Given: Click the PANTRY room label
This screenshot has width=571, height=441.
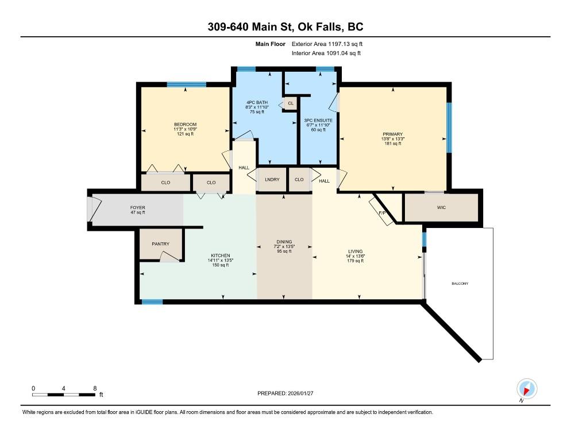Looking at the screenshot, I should click(x=161, y=244).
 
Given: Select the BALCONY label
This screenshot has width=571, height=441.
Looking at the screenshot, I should click(x=460, y=284).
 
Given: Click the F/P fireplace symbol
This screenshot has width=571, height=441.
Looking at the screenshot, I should click(x=381, y=212).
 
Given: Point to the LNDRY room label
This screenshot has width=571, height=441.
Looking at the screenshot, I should click(x=272, y=180).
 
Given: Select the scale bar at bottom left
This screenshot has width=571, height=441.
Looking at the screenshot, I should click(x=64, y=394).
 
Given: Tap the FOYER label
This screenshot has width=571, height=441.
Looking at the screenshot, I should click(x=138, y=207).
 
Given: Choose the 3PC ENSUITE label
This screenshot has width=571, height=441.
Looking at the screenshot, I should click(x=318, y=120).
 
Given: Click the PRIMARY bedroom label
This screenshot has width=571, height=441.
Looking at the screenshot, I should click(x=393, y=134).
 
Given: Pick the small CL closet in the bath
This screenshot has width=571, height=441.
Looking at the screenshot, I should click(x=290, y=103).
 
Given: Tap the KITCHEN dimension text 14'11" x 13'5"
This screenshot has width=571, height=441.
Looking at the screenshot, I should click(x=221, y=260).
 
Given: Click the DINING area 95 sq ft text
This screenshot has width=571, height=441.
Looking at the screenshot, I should click(x=284, y=251).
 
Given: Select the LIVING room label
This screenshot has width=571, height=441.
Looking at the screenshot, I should click(x=356, y=251).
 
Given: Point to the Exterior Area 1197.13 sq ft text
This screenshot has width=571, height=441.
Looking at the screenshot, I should click(x=327, y=44).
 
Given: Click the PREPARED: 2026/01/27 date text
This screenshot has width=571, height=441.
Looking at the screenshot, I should click(x=285, y=393).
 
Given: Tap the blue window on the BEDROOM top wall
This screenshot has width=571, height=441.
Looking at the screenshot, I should click(x=187, y=84).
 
